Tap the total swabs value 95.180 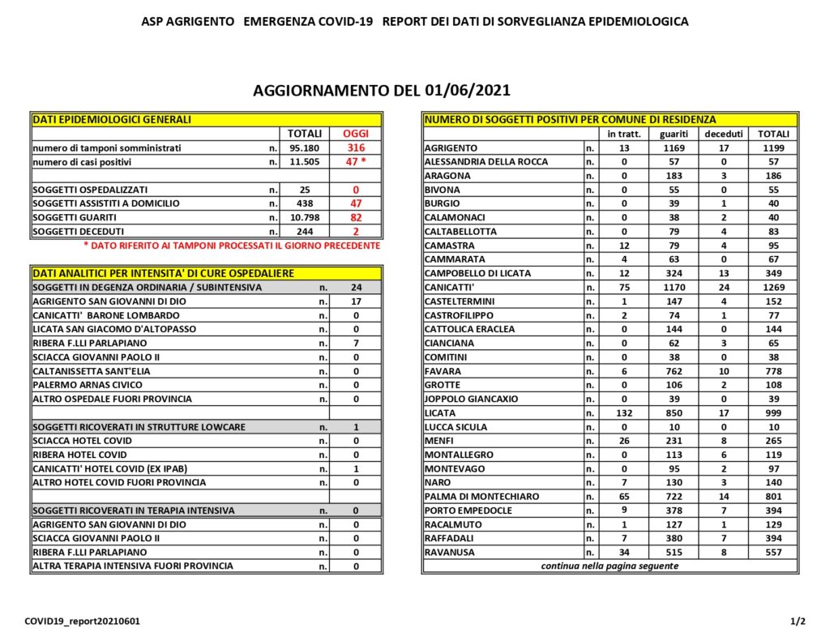[305, 147]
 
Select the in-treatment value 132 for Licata [623, 412]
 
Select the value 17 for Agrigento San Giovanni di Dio [355, 301]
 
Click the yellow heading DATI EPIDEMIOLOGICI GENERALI [112, 119]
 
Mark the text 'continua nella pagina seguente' [610, 566]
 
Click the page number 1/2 [798, 622]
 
